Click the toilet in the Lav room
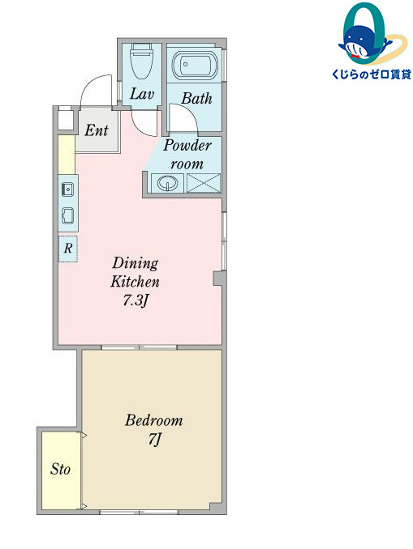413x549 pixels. (141, 62)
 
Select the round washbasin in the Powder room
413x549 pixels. (166, 183)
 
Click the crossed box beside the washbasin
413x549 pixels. (204, 183)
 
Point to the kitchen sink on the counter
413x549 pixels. (67, 189)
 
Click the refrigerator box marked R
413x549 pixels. (68, 249)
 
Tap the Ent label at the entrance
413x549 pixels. (97, 130)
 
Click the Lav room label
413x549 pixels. (142, 94)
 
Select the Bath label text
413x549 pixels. (196, 99)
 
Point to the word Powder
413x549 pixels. (187, 146)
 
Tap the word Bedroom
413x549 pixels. (154, 419)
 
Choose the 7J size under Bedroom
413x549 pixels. (154, 439)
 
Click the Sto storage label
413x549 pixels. (60, 469)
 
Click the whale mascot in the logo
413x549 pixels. (365, 42)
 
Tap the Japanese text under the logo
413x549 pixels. (372, 74)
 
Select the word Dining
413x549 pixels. (136, 263)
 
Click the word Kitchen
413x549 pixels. (135, 282)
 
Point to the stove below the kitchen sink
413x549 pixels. (67, 215)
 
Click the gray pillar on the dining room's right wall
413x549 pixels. (218, 279)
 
